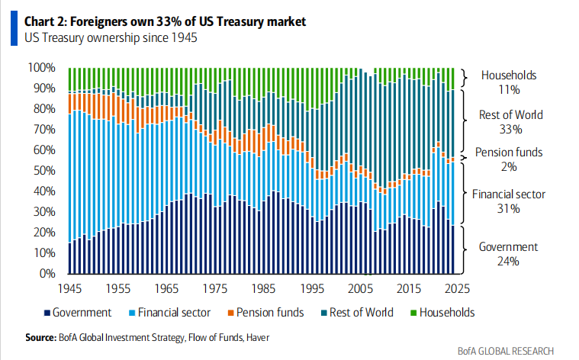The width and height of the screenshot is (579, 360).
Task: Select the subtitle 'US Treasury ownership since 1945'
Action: coord(111,38)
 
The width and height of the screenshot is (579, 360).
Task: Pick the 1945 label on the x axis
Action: coord(70,291)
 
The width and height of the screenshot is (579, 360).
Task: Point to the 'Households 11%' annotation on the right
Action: coord(509,82)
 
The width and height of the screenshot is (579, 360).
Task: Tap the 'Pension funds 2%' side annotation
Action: coord(509,159)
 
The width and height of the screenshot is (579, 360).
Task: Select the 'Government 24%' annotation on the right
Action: coord(509,254)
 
